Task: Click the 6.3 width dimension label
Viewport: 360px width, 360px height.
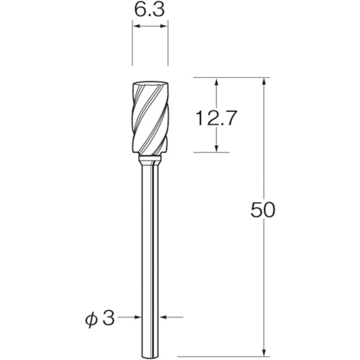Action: [x=150, y=10]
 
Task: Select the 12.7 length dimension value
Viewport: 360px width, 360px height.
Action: [x=217, y=118]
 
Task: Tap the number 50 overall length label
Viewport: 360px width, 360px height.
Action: [x=263, y=210]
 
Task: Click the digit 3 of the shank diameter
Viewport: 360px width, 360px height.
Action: [x=108, y=318]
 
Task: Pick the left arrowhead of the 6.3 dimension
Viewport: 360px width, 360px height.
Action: [x=136, y=26]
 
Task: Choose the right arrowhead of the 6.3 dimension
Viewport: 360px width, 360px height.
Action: [x=164, y=26]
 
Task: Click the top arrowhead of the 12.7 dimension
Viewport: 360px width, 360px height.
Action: [x=217, y=81]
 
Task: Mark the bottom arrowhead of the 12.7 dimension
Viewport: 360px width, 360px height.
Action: [x=217, y=148]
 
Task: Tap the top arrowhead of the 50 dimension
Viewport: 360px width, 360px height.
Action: [x=264, y=81]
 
